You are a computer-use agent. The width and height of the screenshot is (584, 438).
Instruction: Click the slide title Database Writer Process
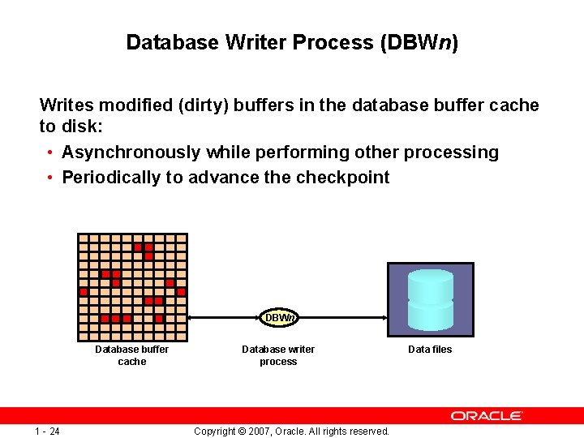click(x=292, y=42)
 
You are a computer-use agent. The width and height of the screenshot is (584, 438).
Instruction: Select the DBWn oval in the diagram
click(x=279, y=318)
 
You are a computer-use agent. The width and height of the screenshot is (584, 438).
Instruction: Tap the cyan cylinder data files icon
click(x=430, y=300)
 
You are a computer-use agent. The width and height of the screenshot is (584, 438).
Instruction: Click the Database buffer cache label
click(x=132, y=355)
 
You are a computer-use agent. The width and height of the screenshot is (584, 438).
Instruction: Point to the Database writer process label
click(x=278, y=355)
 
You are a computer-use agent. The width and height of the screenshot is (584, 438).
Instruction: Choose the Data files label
click(x=430, y=350)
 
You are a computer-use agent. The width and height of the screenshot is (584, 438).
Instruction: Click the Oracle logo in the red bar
click(x=487, y=415)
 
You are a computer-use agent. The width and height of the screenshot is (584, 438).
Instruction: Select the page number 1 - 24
click(x=47, y=431)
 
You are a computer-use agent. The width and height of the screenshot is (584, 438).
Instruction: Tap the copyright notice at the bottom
click(x=292, y=431)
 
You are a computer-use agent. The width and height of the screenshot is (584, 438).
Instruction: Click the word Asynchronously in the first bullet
click(x=131, y=152)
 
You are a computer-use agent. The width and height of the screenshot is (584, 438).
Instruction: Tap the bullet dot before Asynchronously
click(x=50, y=153)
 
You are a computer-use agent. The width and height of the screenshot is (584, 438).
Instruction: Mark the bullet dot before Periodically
click(x=50, y=178)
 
